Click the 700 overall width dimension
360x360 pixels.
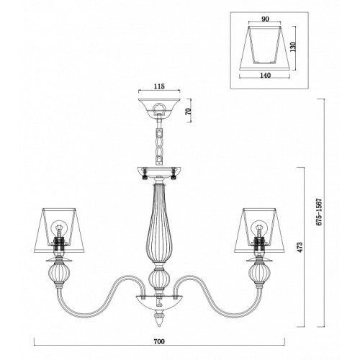[159, 341]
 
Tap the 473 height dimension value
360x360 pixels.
[300, 247]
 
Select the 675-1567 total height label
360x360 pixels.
[319, 212]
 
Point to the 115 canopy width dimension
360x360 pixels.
[159, 86]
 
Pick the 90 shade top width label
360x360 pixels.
[265, 19]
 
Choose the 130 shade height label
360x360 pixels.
[293, 47]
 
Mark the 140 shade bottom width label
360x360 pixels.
[265, 76]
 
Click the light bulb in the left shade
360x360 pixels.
[58, 229]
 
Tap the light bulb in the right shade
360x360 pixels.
[258, 229]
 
